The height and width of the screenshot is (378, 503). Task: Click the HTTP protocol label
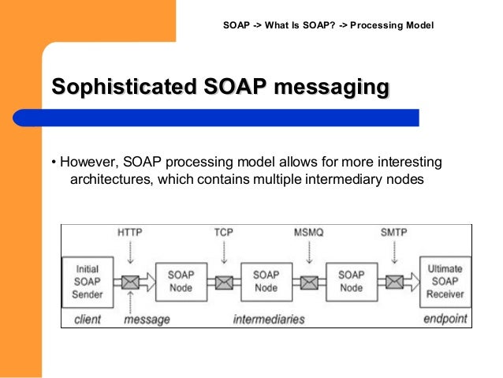pyautogui.click(x=130, y=234)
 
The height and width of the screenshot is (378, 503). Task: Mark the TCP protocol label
pyautogui.click(x=223, y=234)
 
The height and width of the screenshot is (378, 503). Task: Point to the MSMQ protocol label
pyautogui.click(x=309, y=234)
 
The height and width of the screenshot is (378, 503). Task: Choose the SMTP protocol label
pyautogui.click(x=395, y=234)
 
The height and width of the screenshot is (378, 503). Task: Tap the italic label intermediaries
pyautogui.click(x=268, y=320)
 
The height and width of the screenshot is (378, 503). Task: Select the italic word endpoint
pyautogui.click(x=445, y=320)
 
